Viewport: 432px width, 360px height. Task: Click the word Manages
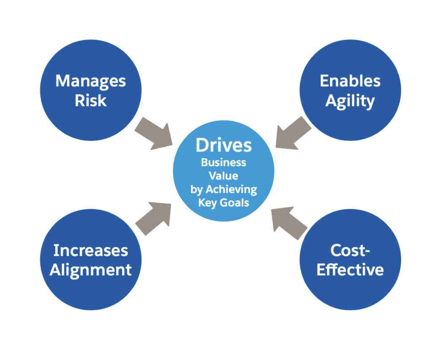click(x=90, y=81)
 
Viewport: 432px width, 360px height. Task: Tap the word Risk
click(x=90, y=100)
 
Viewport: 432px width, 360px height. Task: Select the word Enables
click(x=350, y=81)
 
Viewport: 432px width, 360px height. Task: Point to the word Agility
click(x=350, y=101)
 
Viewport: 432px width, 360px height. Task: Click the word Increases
click(x=90, y=250)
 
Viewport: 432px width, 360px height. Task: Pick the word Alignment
click(x=90, y=270)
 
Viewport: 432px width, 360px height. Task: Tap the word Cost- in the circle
click(x=350, y=250)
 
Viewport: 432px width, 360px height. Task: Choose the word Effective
click(x=350, y=270)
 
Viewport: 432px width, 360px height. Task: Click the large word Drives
click(x=224, y=146)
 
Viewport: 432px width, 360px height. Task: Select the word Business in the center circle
click(x=224, y=162)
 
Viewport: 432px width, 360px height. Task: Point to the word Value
click(x=224, y=176)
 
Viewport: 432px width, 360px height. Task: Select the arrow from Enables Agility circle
click(x=293, y=133)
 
